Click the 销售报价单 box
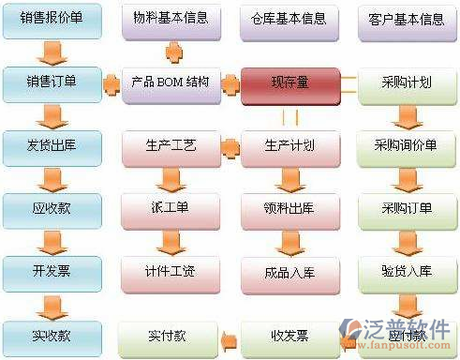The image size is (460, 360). point(52,20)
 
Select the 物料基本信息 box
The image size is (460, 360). point(171,20)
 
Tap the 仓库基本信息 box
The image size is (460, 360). point(289,20)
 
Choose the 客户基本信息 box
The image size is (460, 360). point(407,20)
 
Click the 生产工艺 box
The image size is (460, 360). point(171,147)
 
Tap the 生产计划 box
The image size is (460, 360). point(289,147)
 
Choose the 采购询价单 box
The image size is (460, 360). point(407,147)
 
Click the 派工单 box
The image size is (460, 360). point(171,209)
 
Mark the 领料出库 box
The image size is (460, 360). point(289,209)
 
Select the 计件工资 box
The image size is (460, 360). point(171,272)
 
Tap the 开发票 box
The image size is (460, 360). point(52,272)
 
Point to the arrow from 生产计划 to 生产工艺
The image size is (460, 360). point(230,147)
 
